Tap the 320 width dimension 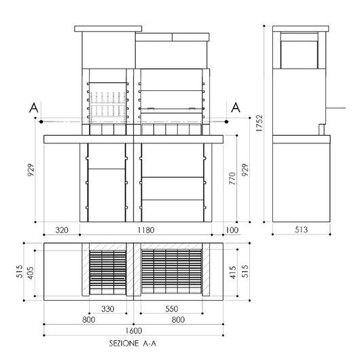[x=62, y=230]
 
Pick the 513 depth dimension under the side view [x=300, y=230]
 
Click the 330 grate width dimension [x=108, y=308]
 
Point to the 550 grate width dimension [x=171, y=308]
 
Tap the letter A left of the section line [x=33, y=107]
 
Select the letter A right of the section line [x=236, y=107]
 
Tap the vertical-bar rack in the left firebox [x=107, y=107]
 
